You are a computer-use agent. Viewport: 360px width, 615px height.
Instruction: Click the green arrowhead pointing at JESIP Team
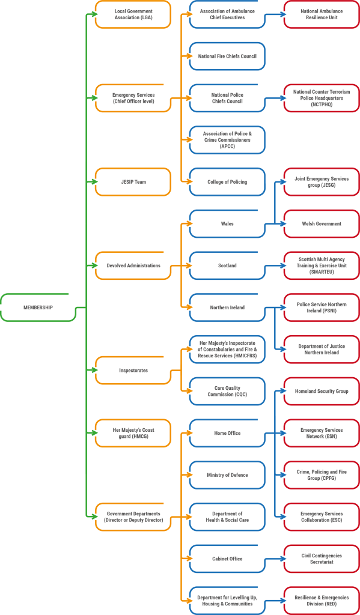click(x=94, y=181)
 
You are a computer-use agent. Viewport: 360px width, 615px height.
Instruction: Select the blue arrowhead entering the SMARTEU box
click(x=283, y=265)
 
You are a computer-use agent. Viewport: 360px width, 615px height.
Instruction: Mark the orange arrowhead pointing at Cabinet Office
click(x=189, y=559)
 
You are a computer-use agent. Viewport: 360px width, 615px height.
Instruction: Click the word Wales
click(x=227, y=223)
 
